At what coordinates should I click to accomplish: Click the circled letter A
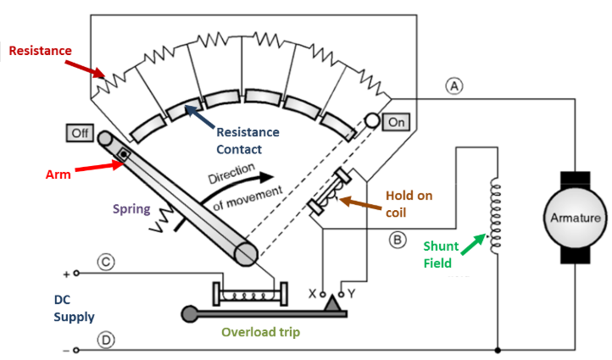tap(456, 86)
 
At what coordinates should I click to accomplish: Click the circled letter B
tap(398, 240)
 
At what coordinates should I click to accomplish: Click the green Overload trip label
tap(260, 332)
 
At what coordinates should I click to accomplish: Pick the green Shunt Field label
tap(441, 254)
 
